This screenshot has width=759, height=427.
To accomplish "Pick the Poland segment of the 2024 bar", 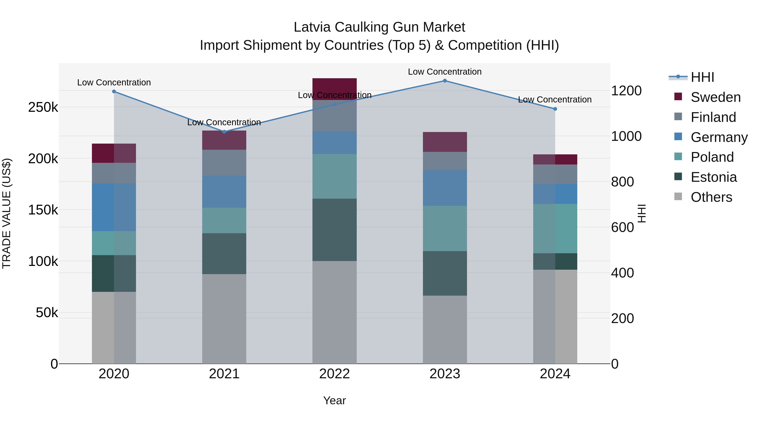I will tap(555, 228).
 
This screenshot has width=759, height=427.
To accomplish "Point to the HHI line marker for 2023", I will tap(445, 81).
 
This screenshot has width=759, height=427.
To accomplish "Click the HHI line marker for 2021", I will tap(224, 132).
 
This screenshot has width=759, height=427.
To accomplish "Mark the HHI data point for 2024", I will tap(555, 109).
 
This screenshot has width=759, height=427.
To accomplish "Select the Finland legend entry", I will tap(713, 117).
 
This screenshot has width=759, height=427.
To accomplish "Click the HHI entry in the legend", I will tap(702, 77).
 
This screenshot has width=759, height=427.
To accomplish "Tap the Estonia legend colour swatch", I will tap(678, 177).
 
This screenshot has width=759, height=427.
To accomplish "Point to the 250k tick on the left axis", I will tap(43, 108).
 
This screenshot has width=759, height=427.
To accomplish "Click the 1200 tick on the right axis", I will tap(626, 91).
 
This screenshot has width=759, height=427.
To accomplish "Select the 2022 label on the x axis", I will tap(334, 374).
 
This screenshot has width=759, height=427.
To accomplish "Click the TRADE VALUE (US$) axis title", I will tap(7, 213).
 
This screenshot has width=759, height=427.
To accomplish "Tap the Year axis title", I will tap(334, 400).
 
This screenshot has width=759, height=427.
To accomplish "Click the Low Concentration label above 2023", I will tap(445, 72).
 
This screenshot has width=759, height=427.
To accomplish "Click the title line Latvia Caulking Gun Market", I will tap(379, 27).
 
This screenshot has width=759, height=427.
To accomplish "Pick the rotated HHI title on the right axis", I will tap(641, 213).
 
